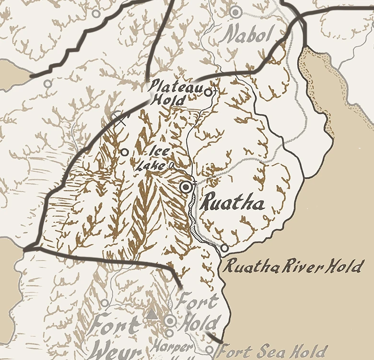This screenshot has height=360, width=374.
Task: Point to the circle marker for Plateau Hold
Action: pos(208,92)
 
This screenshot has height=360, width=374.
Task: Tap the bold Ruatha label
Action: pos(233,203)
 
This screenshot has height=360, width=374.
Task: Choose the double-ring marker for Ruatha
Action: pos(187,187)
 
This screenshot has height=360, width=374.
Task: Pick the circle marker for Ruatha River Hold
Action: pos(224,248)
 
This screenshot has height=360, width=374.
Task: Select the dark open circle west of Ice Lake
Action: pos(124,152)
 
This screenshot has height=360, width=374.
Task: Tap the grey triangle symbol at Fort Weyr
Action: pos(152,314)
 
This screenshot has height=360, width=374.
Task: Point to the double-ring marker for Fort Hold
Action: pos(170,321)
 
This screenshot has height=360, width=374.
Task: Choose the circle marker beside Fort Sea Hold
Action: pos(209,350)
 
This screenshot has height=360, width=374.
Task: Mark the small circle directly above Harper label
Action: pos(169,333)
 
